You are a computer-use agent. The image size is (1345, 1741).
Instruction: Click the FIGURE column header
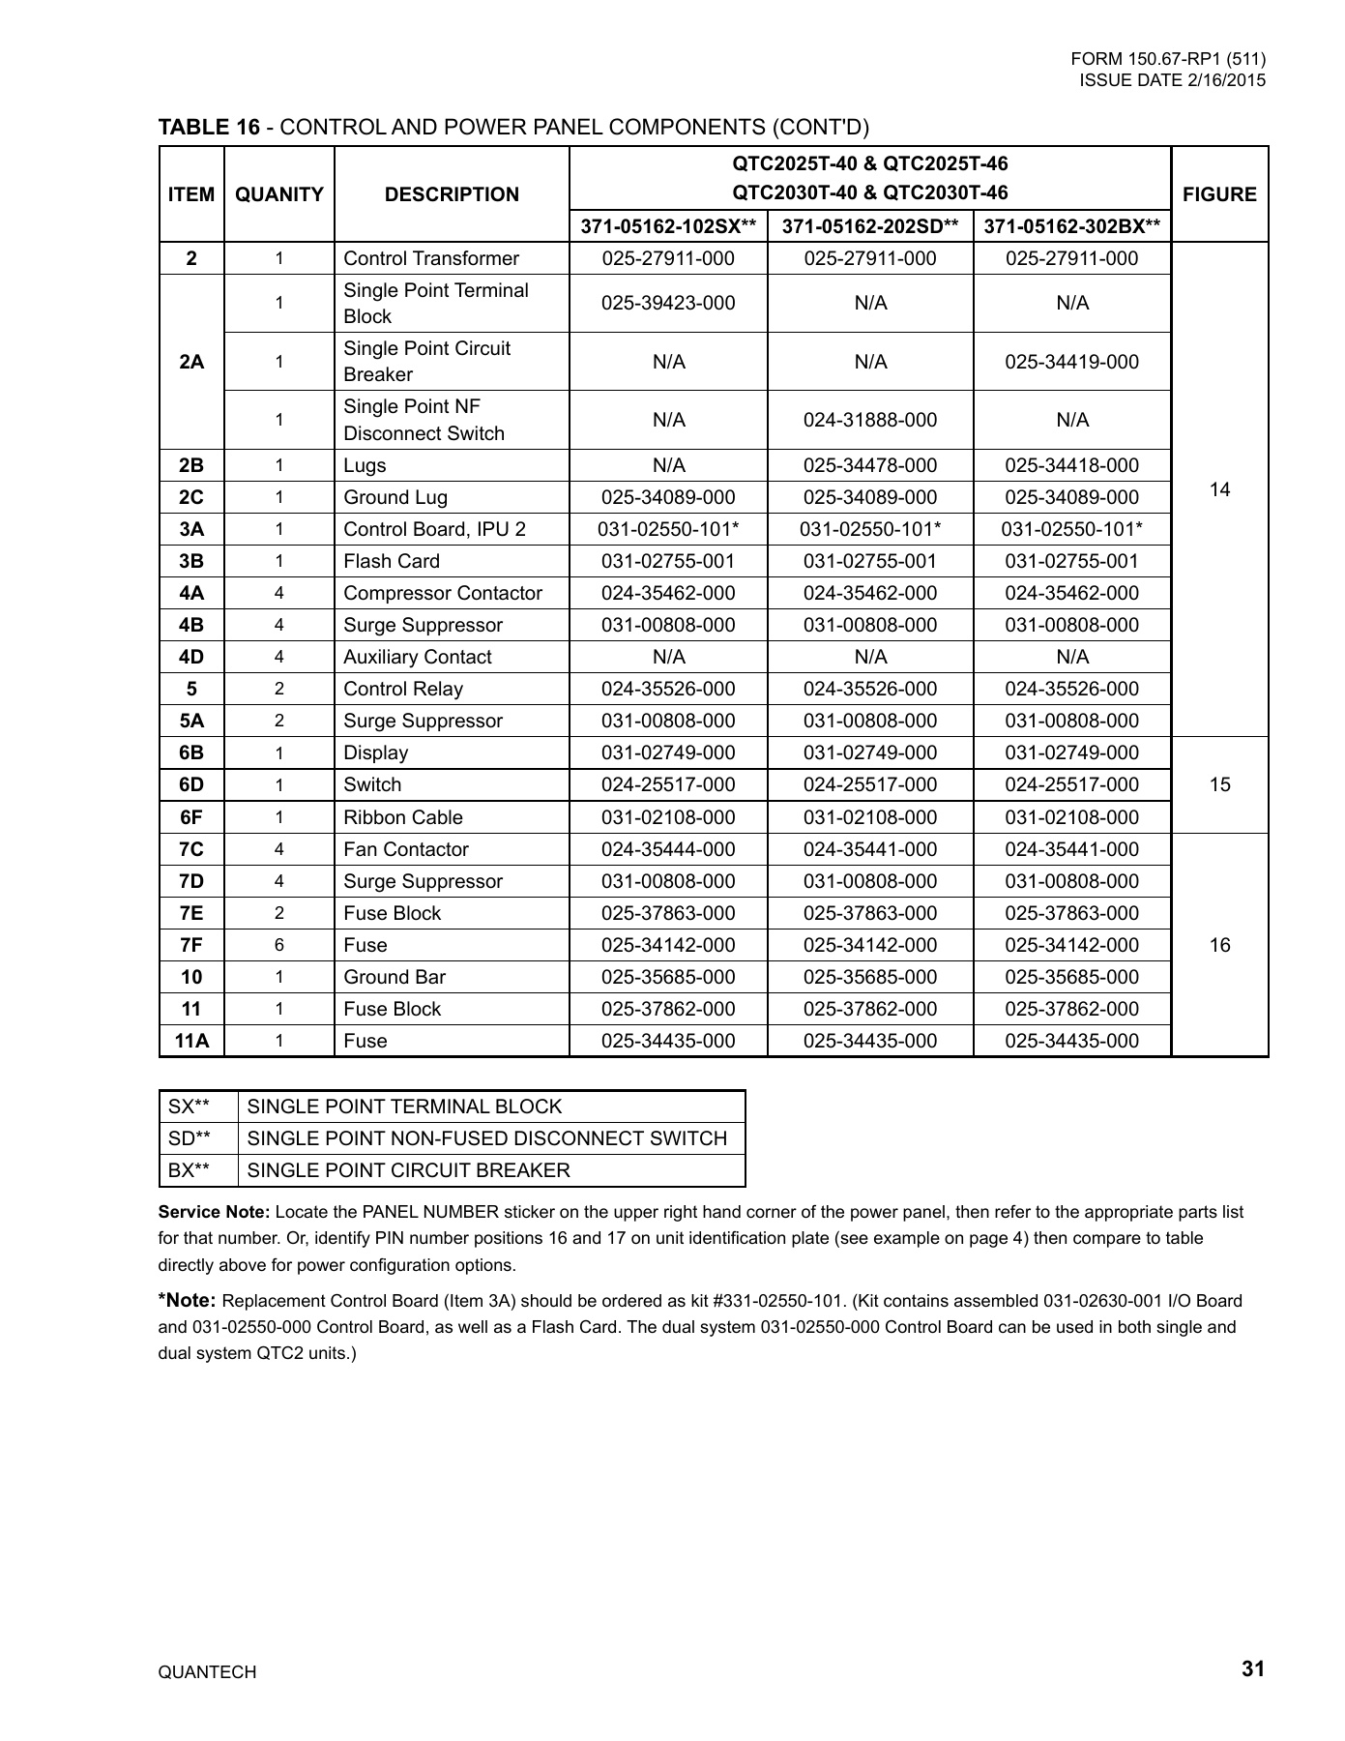1219,194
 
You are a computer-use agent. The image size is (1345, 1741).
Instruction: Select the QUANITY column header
279,194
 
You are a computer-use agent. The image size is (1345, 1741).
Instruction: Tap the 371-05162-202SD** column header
869,226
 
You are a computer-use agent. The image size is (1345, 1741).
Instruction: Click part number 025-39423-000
668,303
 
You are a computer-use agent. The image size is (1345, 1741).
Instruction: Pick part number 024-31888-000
870,420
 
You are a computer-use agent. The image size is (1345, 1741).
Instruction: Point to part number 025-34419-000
1071,362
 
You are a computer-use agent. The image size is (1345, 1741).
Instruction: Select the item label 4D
191,657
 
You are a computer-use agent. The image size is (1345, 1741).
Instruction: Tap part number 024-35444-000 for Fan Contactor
668,849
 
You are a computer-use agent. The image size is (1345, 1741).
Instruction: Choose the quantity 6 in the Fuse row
279,945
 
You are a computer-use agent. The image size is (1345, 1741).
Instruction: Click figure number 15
1219,784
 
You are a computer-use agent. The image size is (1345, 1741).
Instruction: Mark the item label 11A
191,1041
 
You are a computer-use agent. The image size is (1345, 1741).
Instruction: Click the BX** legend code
189,1170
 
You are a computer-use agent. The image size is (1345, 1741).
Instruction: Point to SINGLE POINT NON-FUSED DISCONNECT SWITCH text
487,1138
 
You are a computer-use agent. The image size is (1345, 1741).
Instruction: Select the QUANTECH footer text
207,1672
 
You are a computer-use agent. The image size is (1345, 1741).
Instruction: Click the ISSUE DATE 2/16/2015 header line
1172,80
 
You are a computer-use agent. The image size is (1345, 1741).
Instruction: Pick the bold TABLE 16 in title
209,127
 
